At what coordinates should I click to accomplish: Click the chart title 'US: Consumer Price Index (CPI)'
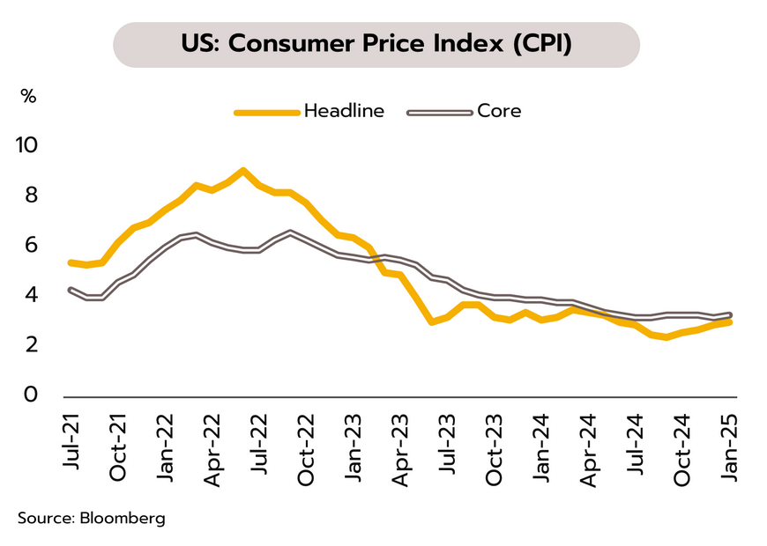[x=376, y=43]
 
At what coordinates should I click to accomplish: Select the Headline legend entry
[x=344, y=112]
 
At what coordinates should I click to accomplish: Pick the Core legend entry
[x=499, y=112]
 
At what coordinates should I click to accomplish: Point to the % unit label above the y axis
[x=28, y=97]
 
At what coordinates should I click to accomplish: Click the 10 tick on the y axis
[x=28, y=144]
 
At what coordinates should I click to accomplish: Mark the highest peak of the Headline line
[x=243, y=170]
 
